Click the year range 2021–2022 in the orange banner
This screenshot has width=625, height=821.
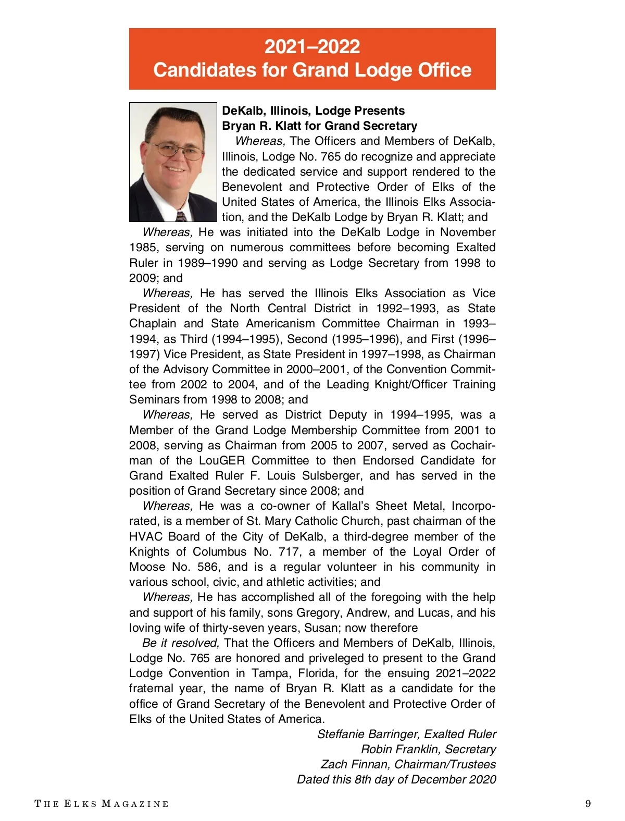pos(312,47)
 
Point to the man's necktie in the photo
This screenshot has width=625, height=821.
pos(181,216)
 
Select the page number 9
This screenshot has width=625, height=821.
pos(588,803)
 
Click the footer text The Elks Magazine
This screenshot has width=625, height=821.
pos(102,804)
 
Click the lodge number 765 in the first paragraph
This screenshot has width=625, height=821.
pos(331,157)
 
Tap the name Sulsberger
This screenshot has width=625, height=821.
pos(332,476)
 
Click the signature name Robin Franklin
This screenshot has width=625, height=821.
pos(399,750)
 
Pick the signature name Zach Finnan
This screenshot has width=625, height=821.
pos(355,765)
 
